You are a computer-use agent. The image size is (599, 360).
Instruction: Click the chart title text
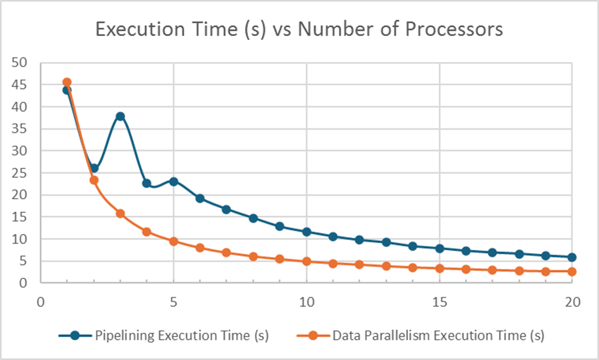tap(299, 29)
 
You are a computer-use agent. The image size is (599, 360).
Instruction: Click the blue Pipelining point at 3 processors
tap(120, 116)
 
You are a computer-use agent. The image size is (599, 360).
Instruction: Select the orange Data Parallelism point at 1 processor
tap(67, 82)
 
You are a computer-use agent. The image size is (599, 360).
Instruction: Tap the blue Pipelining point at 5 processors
tap(173, 182)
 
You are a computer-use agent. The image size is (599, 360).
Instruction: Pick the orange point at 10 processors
tap(307, 261)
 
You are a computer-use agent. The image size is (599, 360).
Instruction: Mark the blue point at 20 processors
tap(572, 257)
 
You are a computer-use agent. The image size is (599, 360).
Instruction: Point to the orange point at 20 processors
tap(572, 271)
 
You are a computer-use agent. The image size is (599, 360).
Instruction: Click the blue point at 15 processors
tap(440, 249)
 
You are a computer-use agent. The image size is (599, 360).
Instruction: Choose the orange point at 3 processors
tap(120, 213)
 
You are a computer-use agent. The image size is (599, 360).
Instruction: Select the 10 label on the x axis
tap(307, 302)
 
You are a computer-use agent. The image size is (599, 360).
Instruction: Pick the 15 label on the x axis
tap(440, 302)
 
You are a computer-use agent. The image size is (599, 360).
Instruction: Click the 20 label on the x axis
tap(572, 302)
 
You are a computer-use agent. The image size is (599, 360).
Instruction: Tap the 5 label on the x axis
tap(173, 302)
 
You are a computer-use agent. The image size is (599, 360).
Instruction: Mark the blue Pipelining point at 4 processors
tap(147, 183)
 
